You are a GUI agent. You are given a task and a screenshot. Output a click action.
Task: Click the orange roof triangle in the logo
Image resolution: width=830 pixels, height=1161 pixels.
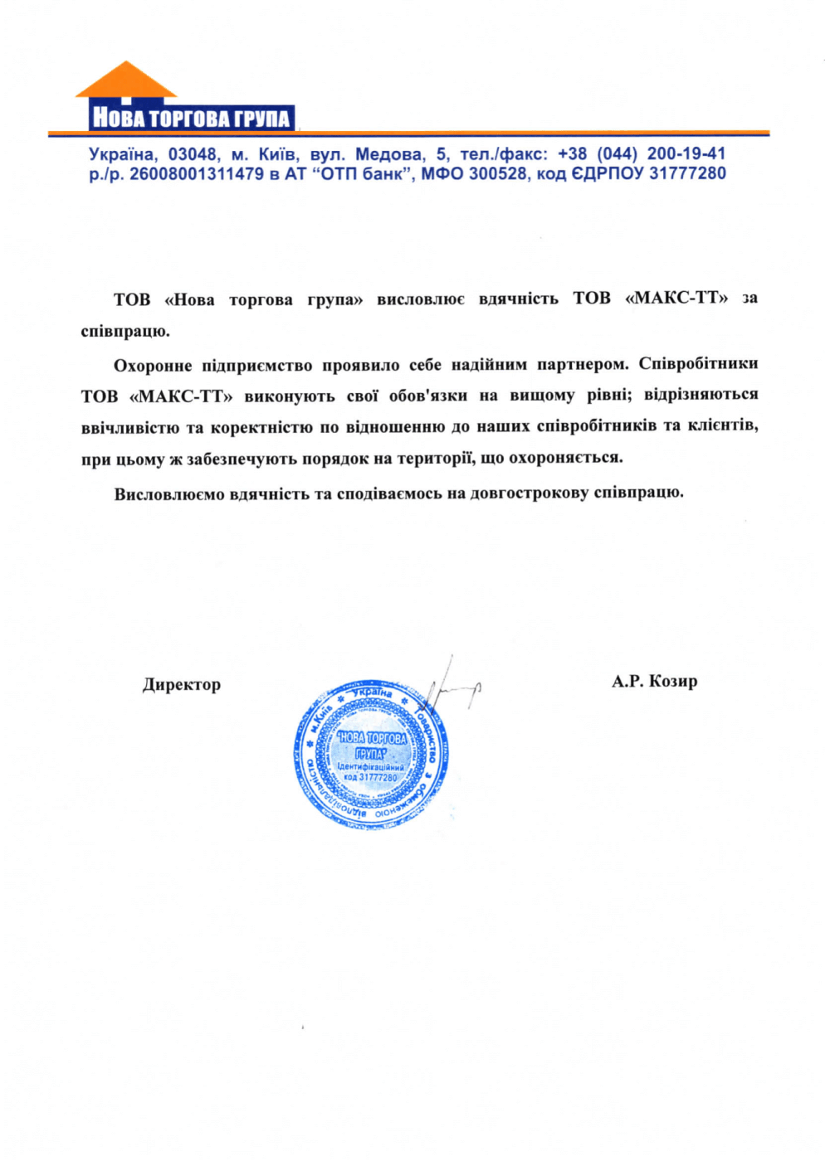pyautogui.click(x=126, y=81)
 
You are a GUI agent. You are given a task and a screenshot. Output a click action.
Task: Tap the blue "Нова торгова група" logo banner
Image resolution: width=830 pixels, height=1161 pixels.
pyautogui.click(x=191, y=117)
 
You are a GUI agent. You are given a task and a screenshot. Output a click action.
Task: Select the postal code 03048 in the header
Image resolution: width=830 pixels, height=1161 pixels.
pyautogui.click(x=193, y=154)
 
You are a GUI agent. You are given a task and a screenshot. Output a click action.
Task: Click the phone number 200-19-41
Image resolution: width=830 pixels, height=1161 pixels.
pyautogui.click(x=686, y=154)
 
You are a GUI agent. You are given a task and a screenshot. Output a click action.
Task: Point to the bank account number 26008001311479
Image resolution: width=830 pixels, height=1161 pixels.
pyautogui.click(x=197, y=174)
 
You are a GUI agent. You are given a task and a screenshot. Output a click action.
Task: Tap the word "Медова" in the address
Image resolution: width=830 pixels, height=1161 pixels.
pyautogui.click(x=388, y=154)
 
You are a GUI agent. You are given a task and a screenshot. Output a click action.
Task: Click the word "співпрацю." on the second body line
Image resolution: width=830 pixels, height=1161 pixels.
pyautogui.click(x=125, y=332)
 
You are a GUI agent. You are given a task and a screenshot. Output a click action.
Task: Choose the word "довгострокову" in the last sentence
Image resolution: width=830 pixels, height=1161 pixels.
pyautogui.click(x=530, y=493)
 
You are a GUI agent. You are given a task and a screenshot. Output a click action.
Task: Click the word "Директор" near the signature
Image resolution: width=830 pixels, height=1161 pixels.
pyautogui.click(x=182, y=685)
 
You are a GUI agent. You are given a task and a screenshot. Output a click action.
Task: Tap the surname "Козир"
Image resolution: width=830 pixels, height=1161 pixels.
pyautogui.click(x=673, y=682)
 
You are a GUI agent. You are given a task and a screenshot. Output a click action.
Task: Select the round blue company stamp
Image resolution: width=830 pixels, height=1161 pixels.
pyautogui.click(x=370, y=755)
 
